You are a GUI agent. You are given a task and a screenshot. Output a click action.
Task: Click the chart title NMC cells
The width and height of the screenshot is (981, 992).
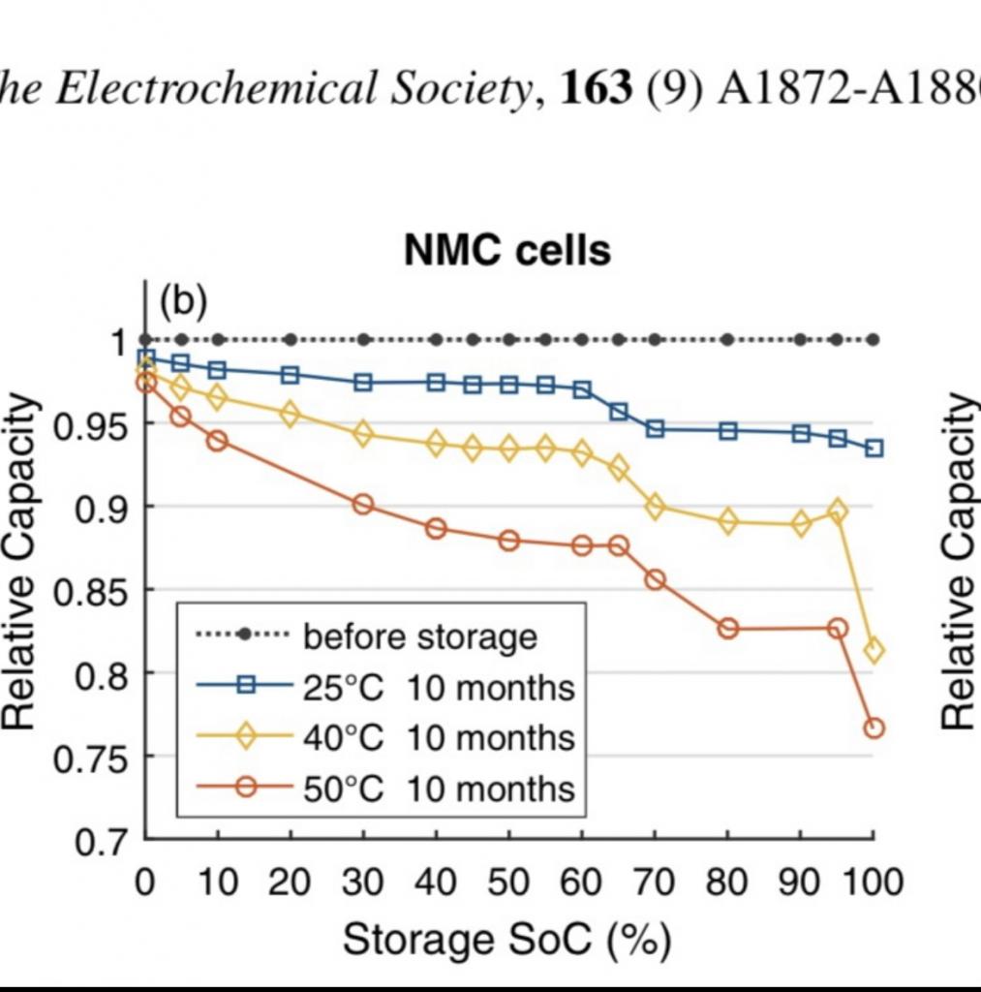[x=507, y=251]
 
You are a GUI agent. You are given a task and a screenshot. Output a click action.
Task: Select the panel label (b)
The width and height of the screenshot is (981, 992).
[x=183, y=302]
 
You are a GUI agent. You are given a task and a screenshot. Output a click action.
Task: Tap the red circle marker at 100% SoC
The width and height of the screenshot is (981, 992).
[x=874, y=728]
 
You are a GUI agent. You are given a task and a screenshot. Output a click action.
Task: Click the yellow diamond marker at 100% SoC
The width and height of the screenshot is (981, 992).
[x=874, y=650]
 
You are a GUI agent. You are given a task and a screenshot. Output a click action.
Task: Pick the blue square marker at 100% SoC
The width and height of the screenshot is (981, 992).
[x=874, y=449]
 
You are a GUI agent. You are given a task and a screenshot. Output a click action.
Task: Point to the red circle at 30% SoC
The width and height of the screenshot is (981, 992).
[x=363, y=505]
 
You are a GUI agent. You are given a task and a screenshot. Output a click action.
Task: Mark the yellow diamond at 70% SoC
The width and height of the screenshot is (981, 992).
[x=655, y=506]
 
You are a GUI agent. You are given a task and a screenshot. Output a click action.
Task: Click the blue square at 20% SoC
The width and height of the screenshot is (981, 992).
[x=291, y=375]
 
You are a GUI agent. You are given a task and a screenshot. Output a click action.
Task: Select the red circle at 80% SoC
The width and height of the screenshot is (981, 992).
[x=728, y=628]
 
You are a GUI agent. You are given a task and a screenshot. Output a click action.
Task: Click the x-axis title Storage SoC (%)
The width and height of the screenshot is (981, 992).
[x=506, y=939]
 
